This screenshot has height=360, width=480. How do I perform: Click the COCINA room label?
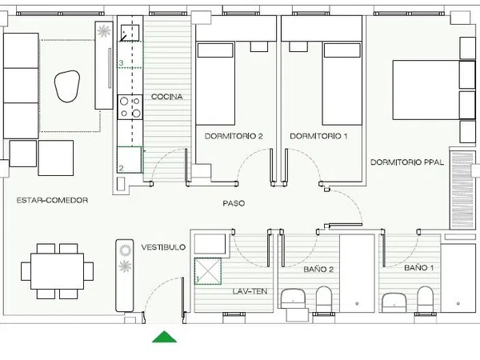(167, 97)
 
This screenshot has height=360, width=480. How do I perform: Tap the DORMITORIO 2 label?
(234, 136)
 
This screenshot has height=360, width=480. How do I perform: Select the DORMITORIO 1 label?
(318, 136)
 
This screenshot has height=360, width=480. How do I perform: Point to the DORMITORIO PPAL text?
(407, 162)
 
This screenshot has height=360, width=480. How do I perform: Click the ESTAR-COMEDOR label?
(52, 201)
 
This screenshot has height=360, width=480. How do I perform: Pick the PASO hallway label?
(234, 203)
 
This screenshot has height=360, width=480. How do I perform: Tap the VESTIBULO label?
(163, 247)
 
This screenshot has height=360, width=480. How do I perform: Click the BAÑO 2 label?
(318, 270)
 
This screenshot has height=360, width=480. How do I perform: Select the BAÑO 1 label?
(418, 268)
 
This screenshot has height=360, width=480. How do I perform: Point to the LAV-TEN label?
(250, 291)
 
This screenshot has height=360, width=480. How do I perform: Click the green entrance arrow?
(164, 337)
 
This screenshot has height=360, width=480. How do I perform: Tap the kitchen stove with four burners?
(130, 107)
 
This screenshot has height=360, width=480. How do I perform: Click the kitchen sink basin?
(130, 33)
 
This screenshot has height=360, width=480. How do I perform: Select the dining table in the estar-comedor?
(58, 271)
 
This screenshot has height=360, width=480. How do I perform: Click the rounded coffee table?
(67, 86)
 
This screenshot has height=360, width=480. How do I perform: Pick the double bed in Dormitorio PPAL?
(426, 90)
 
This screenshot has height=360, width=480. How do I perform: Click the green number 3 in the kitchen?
(122, 63)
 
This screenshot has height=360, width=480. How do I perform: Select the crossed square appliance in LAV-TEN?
(208, 271)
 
